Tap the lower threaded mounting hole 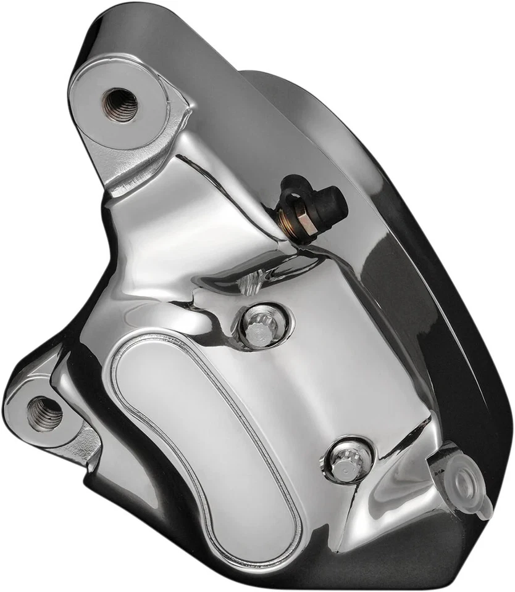point(45,414)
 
